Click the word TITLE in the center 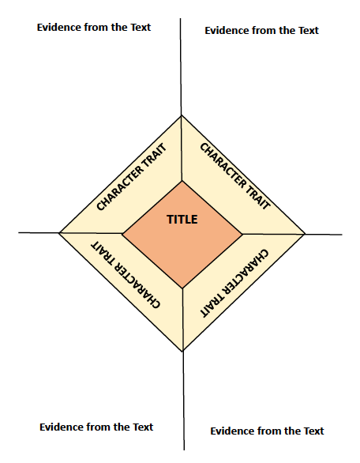click(x=182, y=220)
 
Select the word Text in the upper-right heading click(x=309, y=30)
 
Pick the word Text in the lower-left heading click(x=143, y=427)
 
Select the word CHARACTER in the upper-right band click(x=223, y=165)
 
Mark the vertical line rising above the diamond click(x=181, y=66)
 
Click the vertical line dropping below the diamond click(x=183, y=401)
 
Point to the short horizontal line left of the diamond click(x=39, y=232)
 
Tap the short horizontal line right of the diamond click(x=324, y=235)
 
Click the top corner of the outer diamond click(x=181, y=115)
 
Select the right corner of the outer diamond click(x=305, y=234)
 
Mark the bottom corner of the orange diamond click(x=182, y=288)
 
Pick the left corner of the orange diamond click(x=122, y=234)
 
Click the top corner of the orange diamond click(x=182, y=181)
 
